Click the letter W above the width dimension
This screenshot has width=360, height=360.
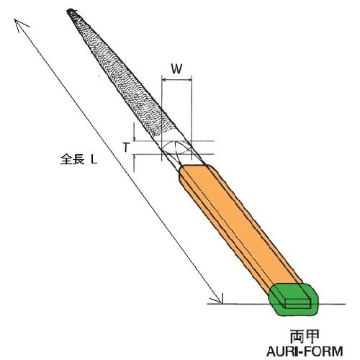point(176,69)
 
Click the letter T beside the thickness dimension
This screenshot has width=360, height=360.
point(126,148)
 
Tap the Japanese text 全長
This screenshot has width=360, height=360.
point(73,159)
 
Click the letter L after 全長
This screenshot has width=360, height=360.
point(94,159)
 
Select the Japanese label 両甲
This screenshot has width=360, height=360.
point(305,337)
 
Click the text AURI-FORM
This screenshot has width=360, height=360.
point(305,351)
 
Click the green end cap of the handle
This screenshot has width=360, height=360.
point(293,300)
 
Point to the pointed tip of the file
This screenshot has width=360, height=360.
point(68,11)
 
